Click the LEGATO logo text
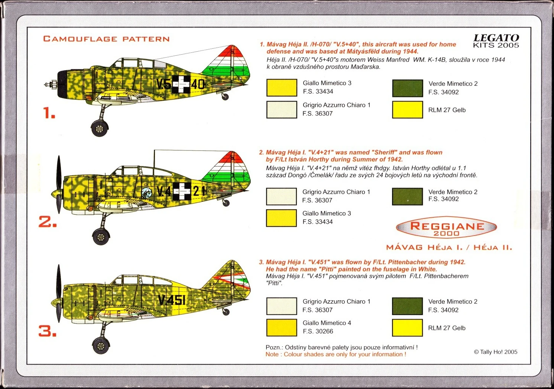click(x=496, y=38)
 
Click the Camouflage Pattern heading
click(x=106, y=39)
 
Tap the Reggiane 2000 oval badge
click(x=447, y=227)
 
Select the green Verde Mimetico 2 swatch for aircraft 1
click(x=407, y=88)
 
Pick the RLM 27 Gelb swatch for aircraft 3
click(x=407, y=328)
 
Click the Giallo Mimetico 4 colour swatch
click(x=282, y=327)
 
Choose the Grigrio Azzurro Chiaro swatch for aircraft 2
click(x=281, y=197)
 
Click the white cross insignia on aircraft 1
click(x=181, y=84)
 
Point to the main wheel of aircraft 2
click(x=101, y=236)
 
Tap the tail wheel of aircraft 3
click(x=226, y=312)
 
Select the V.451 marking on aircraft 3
click(x=171, y=299)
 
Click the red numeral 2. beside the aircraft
click(x=48, y=222)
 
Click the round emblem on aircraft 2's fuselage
click(x=146, y=192)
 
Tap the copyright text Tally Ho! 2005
click(x=495, y=352)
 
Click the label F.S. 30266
click(x=318, y=331)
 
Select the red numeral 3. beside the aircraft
click(x=48, y=331)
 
